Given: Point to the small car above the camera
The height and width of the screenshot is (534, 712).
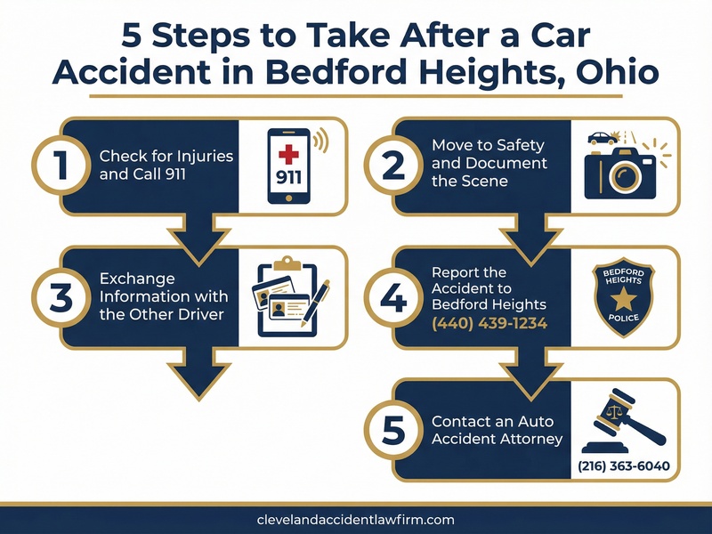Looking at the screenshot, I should point(602,138).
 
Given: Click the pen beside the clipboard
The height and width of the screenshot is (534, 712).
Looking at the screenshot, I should point(315,303).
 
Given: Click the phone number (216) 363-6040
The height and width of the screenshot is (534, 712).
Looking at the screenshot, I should point(623,466).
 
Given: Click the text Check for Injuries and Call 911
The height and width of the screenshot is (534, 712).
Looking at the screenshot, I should point(166,166).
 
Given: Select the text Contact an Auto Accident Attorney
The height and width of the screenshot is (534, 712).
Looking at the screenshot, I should point(497,431).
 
